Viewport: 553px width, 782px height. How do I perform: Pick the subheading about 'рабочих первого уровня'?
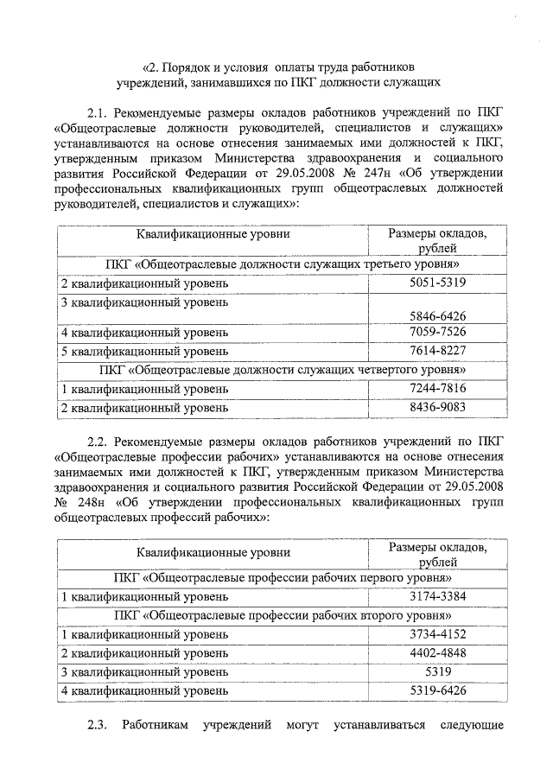[282, 577]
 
